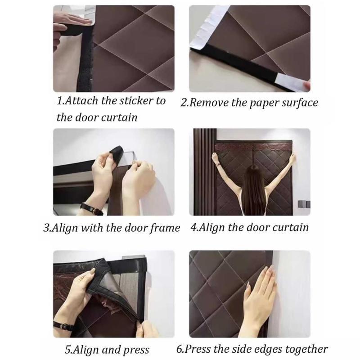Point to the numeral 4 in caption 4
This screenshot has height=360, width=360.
193,228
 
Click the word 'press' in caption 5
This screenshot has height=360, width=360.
136,351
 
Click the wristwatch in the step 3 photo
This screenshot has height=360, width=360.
91,209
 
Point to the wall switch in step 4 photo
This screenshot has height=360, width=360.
304,204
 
